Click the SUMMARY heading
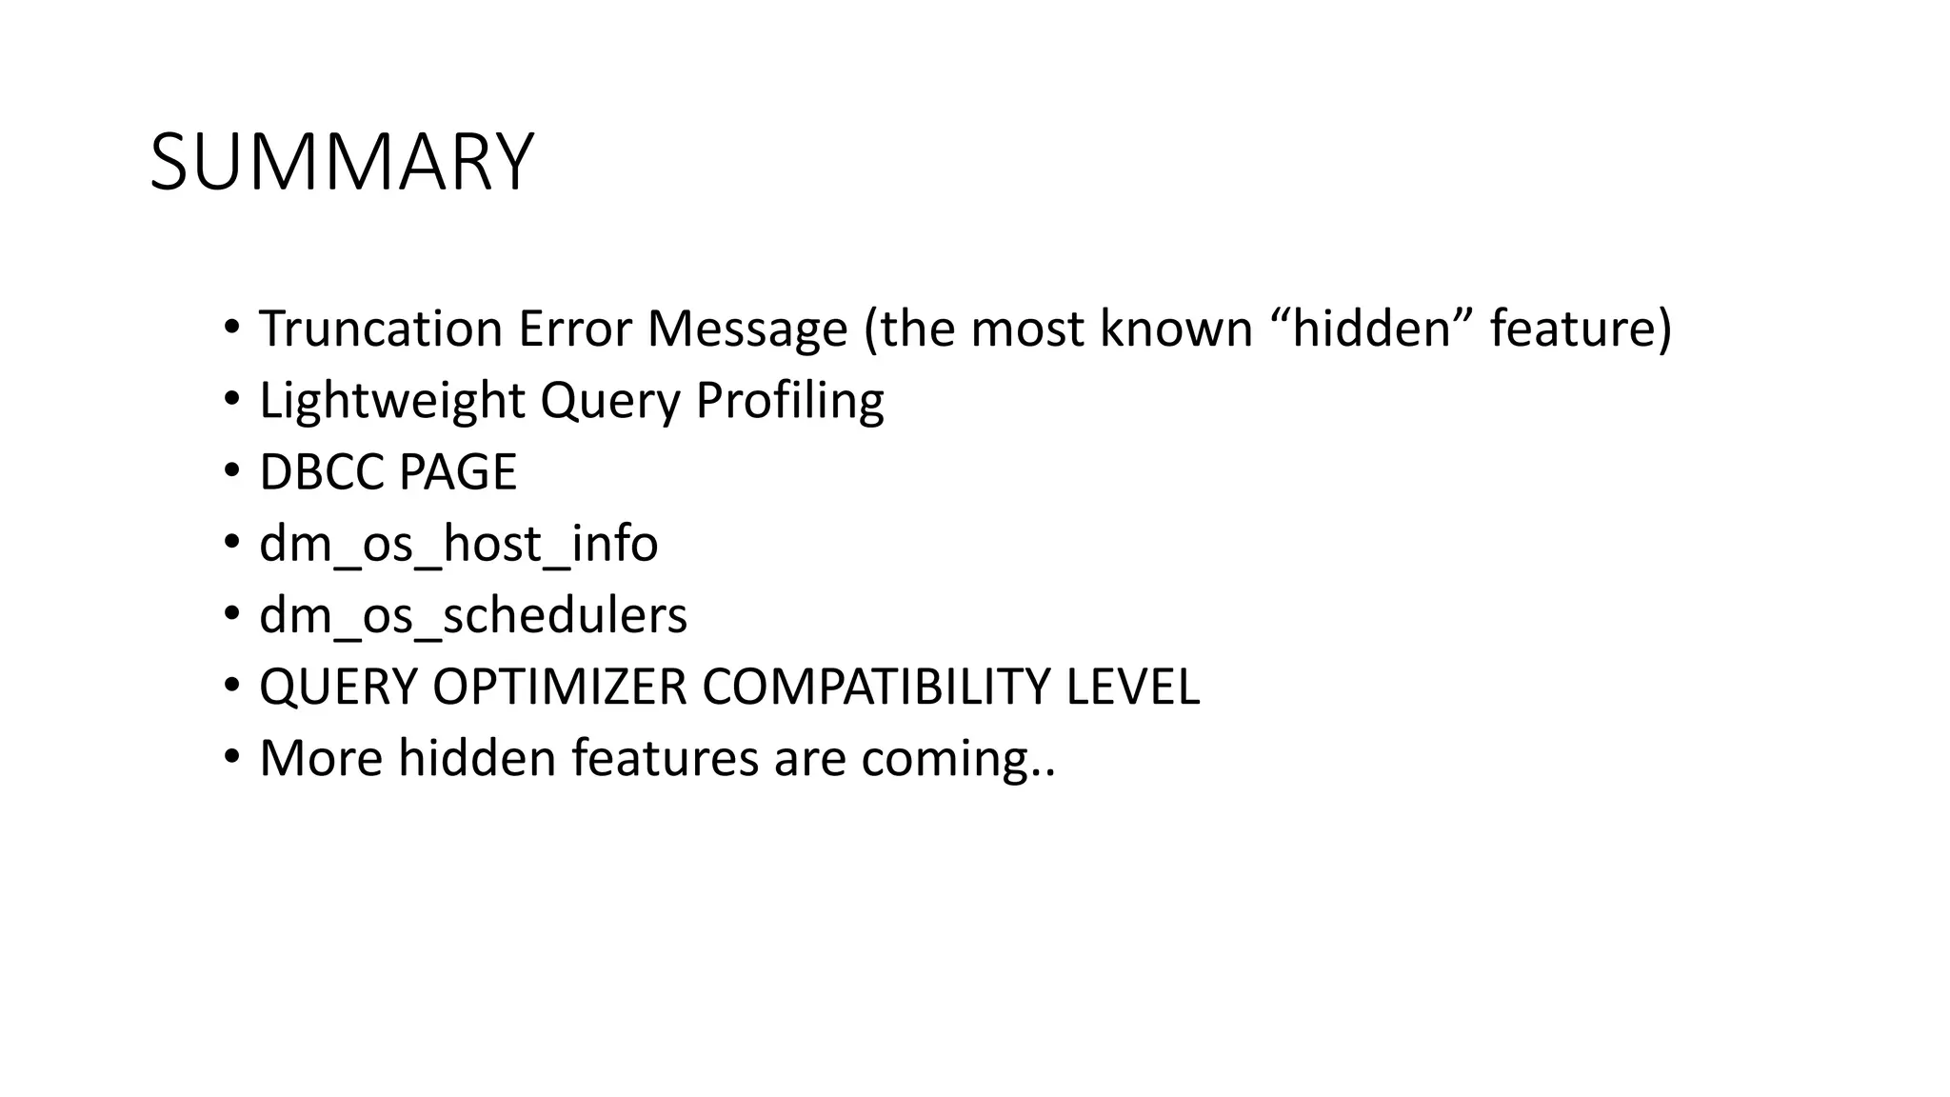(x=342, y=163)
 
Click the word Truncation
(x=381, y=329)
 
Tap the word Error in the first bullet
(x=574, y=329)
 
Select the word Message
(x=747, y=329)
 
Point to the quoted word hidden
(x=1372, y=329)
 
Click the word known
(x=1176, y=329)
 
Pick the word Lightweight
(x=391, y=401)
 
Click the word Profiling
(x=789, y=401)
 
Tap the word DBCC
(x=321, y=472)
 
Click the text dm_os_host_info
(x=458, y=545)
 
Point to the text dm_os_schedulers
(x=472, y=616)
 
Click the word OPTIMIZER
(x=559, y=688)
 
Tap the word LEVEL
(x=1132, y=688)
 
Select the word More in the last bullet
(x=321, y=760)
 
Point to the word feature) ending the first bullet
(x=1581, y=329)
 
